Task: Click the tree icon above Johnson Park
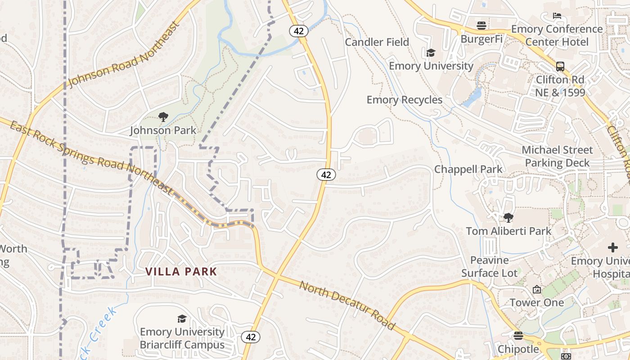tap(163, 117)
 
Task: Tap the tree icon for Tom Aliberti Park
tap(508, 218)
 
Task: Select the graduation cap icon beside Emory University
tap(431, 53)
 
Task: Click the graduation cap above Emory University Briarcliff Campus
tap(182, 319)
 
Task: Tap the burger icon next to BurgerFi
tap(481, 26)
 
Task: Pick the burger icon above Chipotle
tap(518, 336)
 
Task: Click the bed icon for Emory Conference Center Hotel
tap(557, 16)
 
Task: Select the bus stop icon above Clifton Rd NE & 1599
tap(560, 67)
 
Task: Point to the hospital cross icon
tap(612, 247)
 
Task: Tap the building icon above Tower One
tap(536, 289)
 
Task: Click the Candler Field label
tap(377, 42)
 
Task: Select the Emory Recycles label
tap(405, 100)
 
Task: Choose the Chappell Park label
tap(468, 170)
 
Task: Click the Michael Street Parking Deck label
tap(557, 156)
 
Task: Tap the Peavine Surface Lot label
tap(489, 266)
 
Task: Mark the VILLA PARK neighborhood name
tap(181, 272)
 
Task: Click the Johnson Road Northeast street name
tap(124, 54)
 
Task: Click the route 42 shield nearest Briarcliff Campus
tap(250, 337)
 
